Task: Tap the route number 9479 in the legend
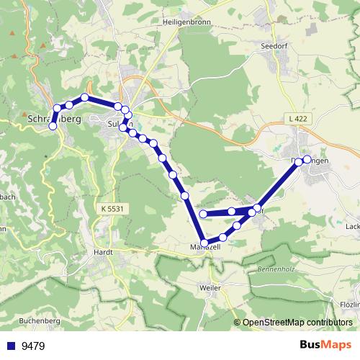(33, 346)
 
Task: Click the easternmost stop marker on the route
(307, 159)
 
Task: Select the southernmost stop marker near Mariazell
(204, 243)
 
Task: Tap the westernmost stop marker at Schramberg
(52, 126)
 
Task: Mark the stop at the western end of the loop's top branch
(203, 213)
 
